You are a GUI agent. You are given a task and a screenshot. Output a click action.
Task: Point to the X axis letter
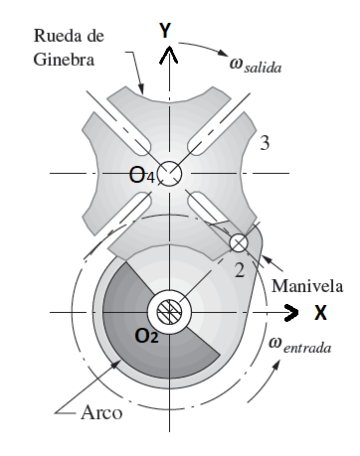(x=321, y=312)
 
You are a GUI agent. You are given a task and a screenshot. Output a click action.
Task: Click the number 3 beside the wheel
(x=265, y=144)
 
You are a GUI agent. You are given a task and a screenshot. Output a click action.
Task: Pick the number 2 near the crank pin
(x=238, y=270)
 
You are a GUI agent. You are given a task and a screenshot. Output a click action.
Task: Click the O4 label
(x=145, y=177)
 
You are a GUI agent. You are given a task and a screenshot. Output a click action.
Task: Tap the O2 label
(x=146, y=335)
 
